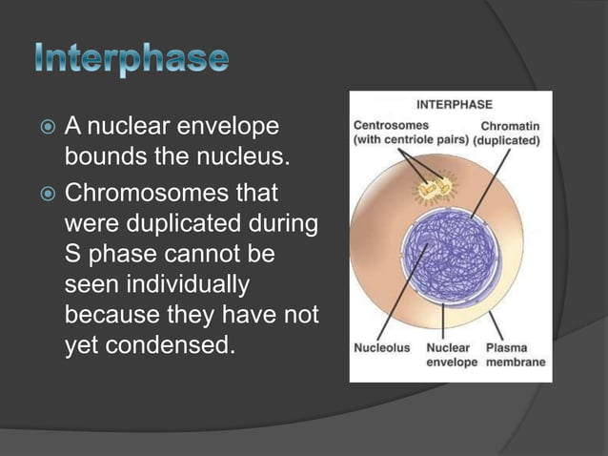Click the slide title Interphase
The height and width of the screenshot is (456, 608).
133,59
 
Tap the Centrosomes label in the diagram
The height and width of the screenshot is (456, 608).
391,124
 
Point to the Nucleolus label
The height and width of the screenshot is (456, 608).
382,348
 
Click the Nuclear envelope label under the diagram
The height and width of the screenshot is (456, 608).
452,355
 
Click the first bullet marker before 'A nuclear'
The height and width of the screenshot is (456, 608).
45,127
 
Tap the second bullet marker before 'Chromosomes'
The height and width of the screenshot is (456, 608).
45,194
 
